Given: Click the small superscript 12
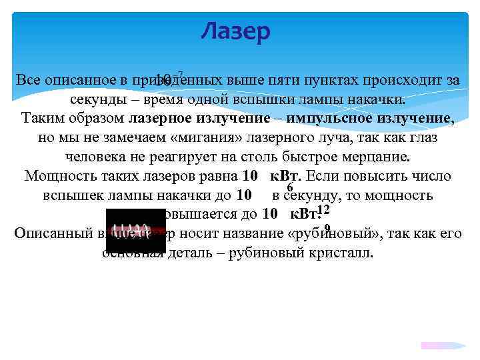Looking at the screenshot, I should tap(324, 211).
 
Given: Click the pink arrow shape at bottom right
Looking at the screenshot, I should tap(441, 345).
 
